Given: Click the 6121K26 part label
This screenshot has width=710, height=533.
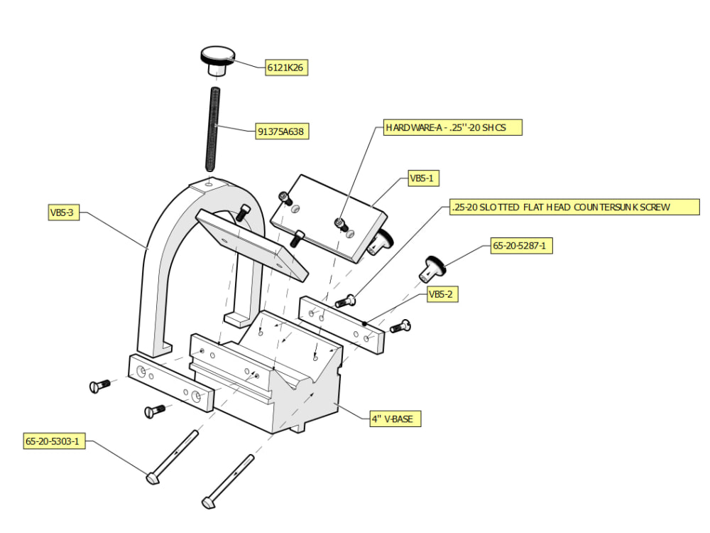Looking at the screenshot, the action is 286,68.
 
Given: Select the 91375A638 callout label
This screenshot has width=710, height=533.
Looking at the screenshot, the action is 282,131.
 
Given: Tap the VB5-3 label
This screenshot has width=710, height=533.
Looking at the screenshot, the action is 64,212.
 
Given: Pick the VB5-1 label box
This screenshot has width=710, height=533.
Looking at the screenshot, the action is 423,178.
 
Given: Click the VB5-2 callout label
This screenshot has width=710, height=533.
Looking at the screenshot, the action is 442,294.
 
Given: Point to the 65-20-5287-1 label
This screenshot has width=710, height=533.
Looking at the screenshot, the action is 522,246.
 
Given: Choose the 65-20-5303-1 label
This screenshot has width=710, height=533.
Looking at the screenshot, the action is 54,441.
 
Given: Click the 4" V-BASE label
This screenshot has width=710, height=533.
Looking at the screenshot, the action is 395,419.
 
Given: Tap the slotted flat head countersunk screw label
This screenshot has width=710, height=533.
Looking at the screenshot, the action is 574,207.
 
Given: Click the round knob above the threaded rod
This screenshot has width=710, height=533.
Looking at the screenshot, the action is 218,60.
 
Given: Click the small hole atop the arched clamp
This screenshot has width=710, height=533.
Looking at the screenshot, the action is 209,184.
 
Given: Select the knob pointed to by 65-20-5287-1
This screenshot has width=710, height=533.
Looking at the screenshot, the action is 432,270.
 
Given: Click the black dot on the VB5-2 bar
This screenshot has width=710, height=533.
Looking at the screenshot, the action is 364,323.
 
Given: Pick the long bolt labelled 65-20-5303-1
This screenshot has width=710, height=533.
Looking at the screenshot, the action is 172,457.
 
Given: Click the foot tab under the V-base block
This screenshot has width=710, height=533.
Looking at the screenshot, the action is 299,427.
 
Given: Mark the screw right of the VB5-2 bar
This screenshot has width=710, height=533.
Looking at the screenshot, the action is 400,326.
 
